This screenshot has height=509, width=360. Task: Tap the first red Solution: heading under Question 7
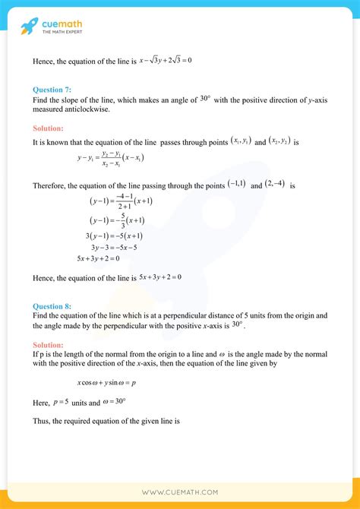click(x=48, y=128)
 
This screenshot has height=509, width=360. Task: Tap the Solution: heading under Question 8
click(x=48, y=344)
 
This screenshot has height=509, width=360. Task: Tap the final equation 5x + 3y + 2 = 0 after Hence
click(x=159, y=278)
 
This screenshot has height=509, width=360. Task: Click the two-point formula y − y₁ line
click(x=111, y=159)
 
